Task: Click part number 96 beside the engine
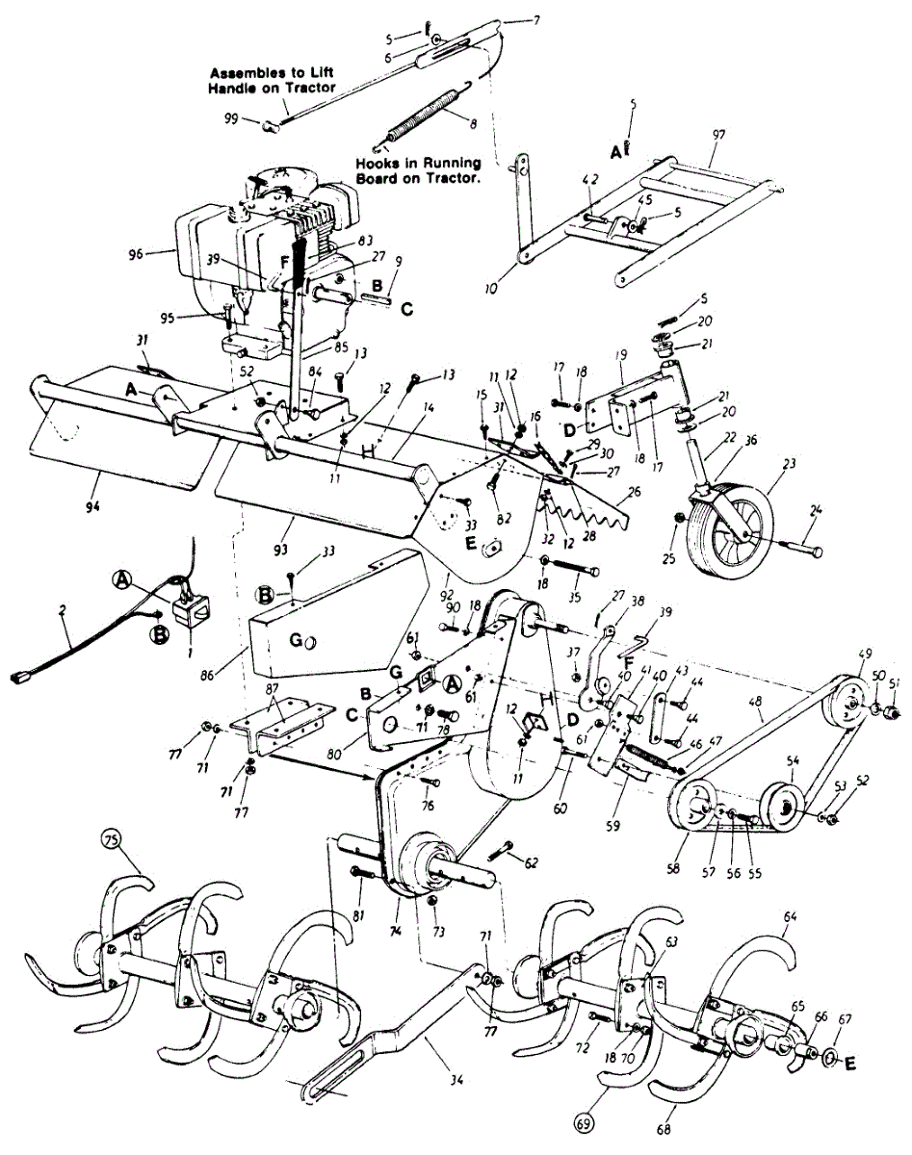134,254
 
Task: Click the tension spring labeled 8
426,115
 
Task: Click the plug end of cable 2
17,679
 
